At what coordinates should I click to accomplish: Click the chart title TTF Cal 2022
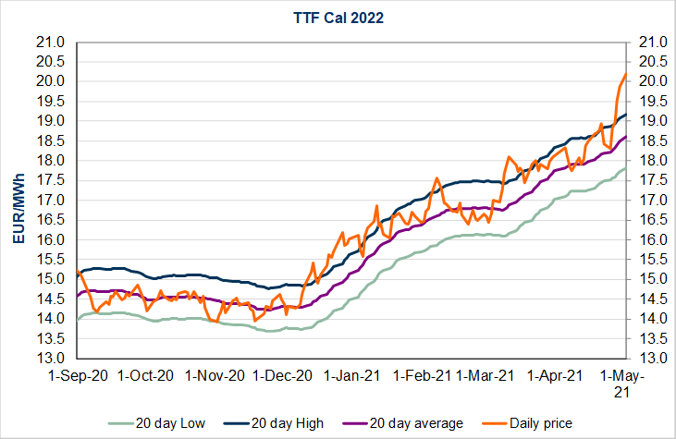coord(338,16)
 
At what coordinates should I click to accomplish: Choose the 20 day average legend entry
coord(415,422)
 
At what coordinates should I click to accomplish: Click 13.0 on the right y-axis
coord(648,358)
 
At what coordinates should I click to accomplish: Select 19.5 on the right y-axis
coord(648,102)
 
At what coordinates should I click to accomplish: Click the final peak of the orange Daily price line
coord(626,74)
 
